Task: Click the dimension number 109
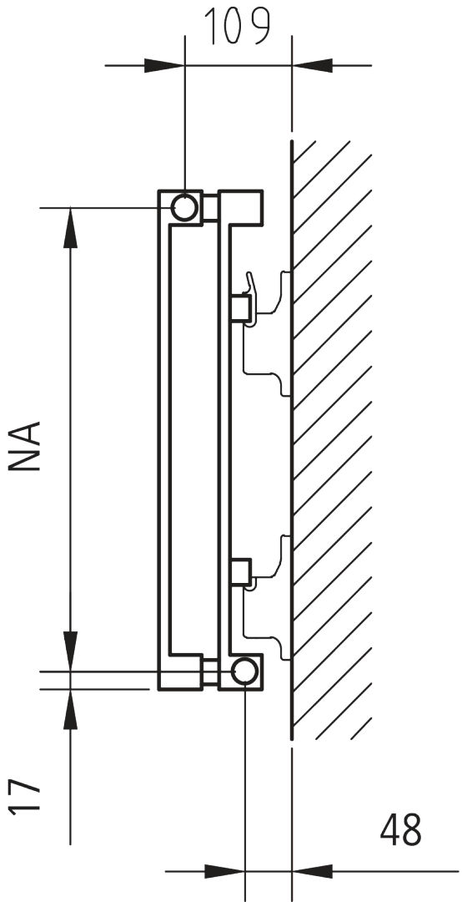point(238,28)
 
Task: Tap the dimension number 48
point(400,830)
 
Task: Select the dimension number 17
point(25,796)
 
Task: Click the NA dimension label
point(25,446)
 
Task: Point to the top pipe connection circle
point(184,207)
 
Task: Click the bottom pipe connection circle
point(244,671)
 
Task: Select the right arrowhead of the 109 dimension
point(313,65)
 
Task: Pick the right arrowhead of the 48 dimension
point(313,871)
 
